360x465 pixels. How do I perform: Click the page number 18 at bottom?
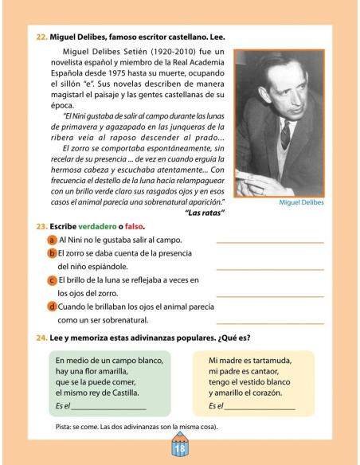(179, 448)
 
